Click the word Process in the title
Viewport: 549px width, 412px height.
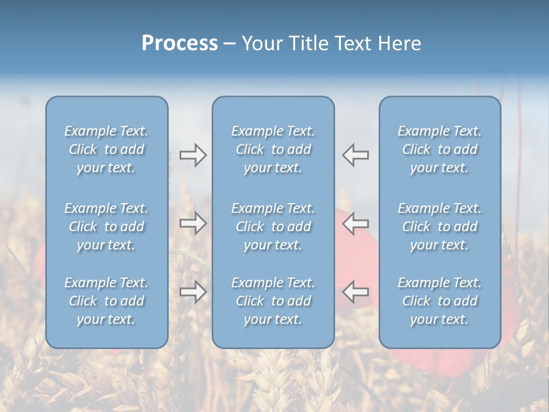tap(180, 43)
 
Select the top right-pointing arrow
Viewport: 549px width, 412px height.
tap(193, 155)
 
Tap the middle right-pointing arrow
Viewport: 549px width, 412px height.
tap(193, 223)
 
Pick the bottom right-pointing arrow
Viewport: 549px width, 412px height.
tap(193, 292)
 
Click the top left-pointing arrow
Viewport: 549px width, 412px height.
tap(356, 155)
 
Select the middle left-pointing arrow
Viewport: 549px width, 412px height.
tap(356, 223)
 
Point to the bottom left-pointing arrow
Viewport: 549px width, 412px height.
tap(356, 292)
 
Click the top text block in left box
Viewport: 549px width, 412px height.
tap(106, 149)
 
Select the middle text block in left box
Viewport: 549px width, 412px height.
tap(106, 227)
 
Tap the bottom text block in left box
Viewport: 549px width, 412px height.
tap(106, 301)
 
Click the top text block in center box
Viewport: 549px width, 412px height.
tap(273, 149)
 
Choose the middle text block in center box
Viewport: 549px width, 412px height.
tap(273, 227)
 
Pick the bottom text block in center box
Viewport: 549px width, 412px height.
tap(273, 301)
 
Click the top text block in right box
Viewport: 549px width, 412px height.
tap(439, 149)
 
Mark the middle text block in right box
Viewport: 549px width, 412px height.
tap(439, 227)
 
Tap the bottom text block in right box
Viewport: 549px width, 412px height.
tap(439, 301)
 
